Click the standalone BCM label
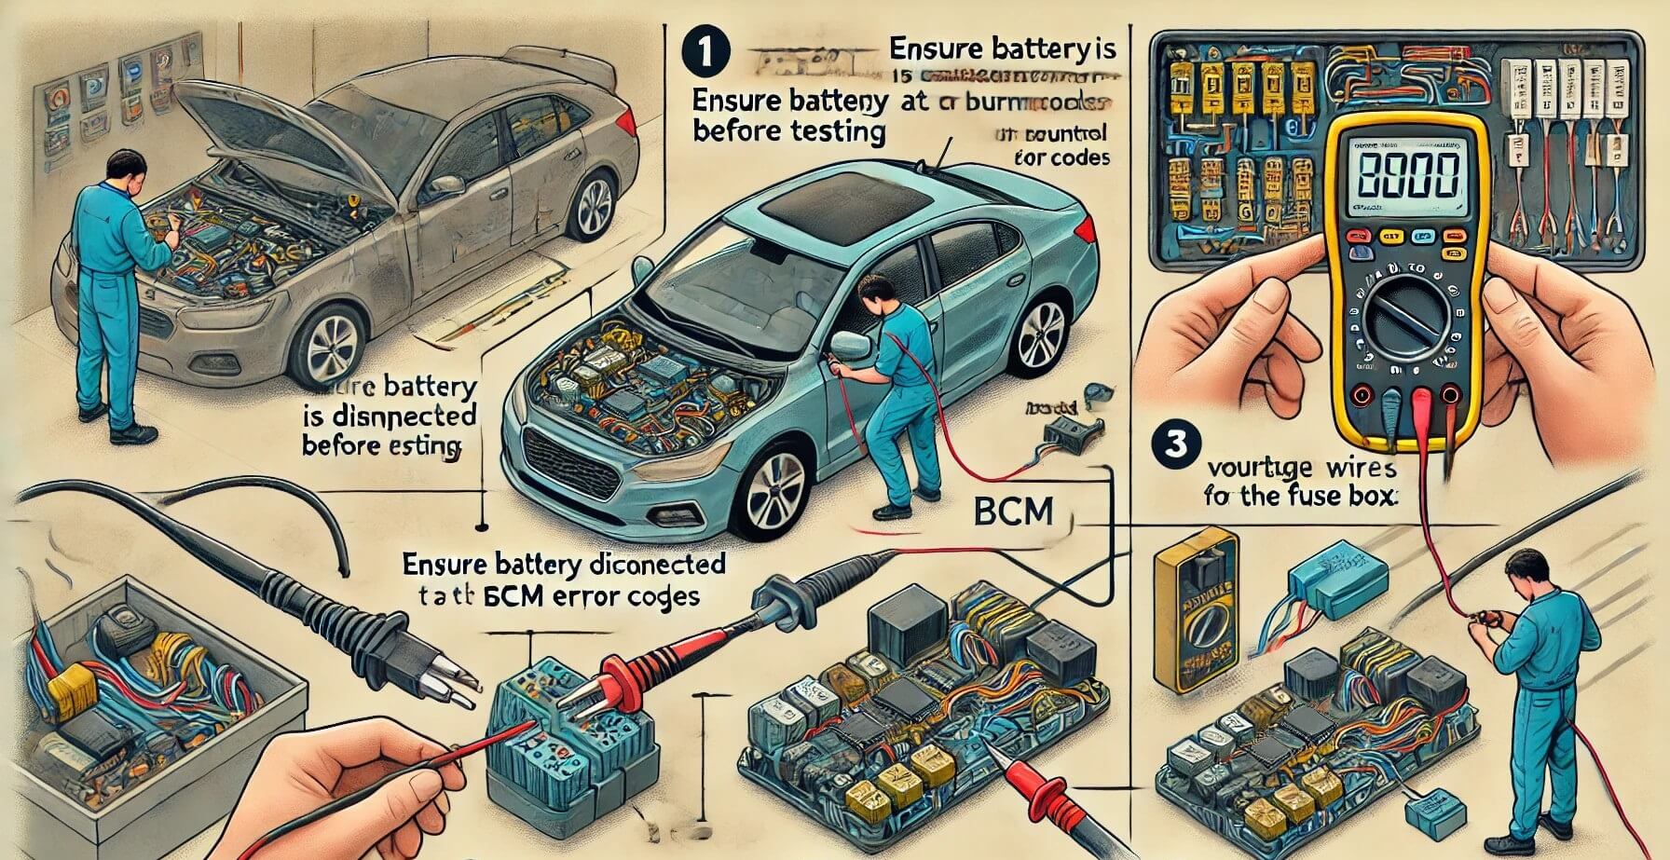pyautogui.click(x=1011, y=511)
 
